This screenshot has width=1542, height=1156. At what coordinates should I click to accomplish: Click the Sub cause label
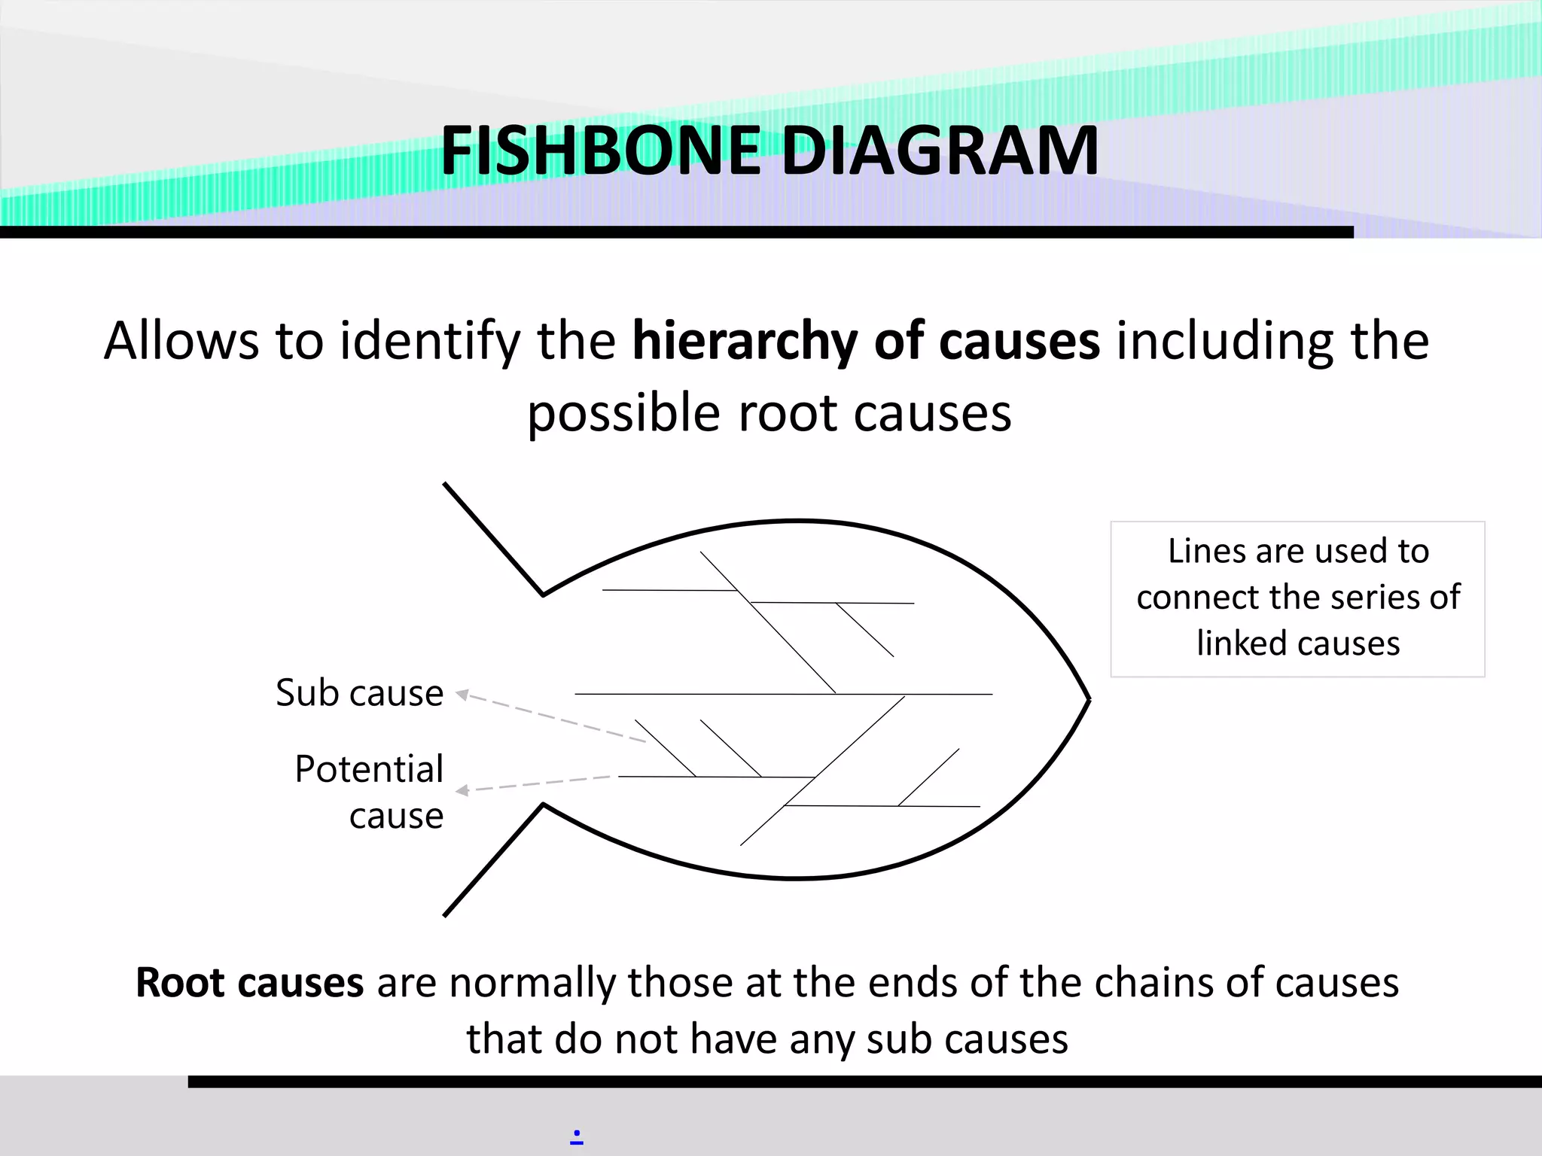(359, 693)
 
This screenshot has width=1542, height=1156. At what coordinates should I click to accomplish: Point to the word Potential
(369, 769)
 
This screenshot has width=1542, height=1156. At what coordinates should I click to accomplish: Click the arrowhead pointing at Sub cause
(462, 695)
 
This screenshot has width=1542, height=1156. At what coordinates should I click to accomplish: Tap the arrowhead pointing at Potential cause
(462, 790)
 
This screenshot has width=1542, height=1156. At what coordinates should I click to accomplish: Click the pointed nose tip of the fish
(1089, 699)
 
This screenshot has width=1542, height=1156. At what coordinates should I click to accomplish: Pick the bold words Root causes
(249, 983)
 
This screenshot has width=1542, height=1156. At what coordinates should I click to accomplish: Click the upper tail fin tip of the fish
(446, 485)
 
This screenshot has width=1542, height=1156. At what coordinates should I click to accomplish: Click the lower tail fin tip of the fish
(446, 914)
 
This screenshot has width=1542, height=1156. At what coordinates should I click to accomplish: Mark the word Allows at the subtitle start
(181, 342)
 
